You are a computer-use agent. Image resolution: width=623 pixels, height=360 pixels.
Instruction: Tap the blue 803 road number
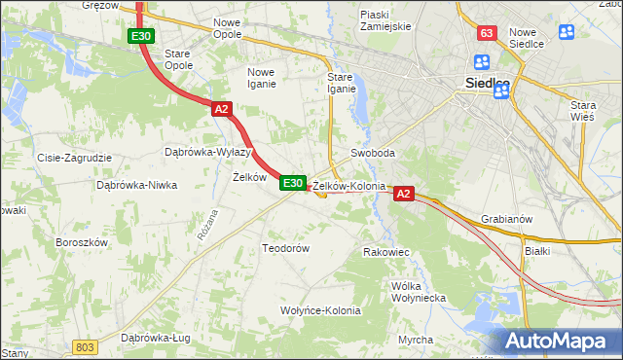(86, 347)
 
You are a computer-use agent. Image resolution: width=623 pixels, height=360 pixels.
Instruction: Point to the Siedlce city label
(484, 83)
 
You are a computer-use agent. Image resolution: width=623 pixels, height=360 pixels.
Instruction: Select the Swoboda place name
(373, 154)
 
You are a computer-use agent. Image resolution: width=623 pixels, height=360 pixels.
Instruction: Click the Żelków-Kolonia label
(349, 185)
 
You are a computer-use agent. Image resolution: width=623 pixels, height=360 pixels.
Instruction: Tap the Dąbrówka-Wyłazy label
(208, 153)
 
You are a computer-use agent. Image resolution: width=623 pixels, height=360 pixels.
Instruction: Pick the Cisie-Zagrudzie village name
(74, 158)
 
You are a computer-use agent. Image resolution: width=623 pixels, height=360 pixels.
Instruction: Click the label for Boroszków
(81, 241)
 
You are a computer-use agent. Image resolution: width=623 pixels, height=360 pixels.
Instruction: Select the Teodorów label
(285, 248)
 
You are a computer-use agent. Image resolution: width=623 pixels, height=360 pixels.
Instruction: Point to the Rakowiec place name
(385, 252)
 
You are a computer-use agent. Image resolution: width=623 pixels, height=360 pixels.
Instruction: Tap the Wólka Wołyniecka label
(417, 292)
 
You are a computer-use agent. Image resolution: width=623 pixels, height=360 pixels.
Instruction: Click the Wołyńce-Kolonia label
(320, 311)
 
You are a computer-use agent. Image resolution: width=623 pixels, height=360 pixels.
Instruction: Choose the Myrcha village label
(416, 340)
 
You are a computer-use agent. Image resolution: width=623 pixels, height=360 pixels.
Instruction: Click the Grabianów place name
(506, 219)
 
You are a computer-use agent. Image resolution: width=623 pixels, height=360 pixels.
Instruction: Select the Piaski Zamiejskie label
(385, 20)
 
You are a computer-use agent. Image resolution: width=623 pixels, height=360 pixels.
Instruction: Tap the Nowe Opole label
(227, 28)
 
